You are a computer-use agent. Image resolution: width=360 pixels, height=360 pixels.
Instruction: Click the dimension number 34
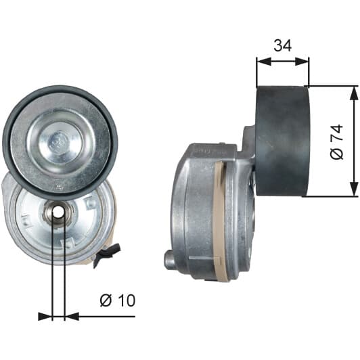pyautogui.click(x=283, y=45)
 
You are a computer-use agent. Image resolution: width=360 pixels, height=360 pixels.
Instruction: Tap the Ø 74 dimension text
pyautogui.click(x=336, y=142)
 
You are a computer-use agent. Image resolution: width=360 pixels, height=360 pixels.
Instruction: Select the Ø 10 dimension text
pyautogui.click(x=118, y=300)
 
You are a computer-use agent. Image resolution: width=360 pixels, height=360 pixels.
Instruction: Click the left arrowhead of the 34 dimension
pyautogui.click(x=264, y=62)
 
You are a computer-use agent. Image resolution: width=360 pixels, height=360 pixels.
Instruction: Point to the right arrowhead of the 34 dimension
pyautogui.click(x=302, y=62)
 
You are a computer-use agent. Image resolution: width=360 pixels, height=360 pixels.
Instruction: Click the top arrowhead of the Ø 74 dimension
pyautogui.click(x=354, y=93)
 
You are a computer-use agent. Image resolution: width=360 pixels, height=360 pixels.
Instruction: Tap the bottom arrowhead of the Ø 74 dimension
pyautogui.click(x=354, y=189)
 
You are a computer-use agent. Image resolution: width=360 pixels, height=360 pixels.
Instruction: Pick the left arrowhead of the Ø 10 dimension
pyautogui.click(x=45, y=317)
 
